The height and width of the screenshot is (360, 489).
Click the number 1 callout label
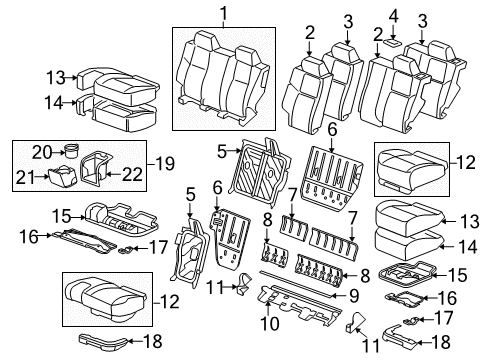point(223,13)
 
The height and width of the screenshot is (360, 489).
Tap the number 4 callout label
point(393,14)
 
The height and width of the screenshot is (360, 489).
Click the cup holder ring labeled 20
point(72,152)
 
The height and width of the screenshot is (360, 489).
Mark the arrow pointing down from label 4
point(393,29)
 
